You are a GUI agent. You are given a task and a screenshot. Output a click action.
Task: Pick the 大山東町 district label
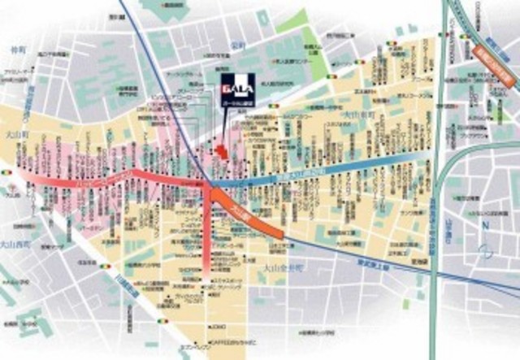pos(355,116)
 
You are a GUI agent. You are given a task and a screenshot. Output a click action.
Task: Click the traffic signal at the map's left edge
pos(7,172)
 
